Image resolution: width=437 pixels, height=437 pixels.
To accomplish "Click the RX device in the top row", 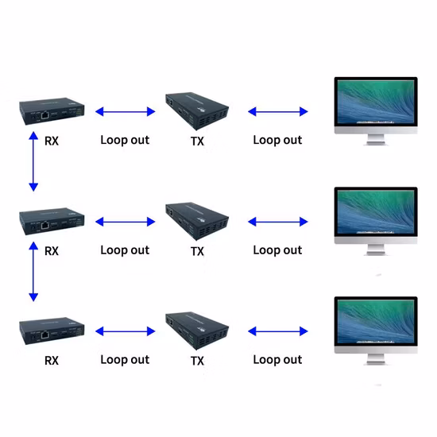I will (52, 113).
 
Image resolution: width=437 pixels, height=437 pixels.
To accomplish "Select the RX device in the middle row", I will (52, 223).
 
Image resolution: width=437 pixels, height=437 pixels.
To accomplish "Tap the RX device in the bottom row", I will (52, 331).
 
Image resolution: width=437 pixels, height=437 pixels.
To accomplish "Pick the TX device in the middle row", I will (197, 221).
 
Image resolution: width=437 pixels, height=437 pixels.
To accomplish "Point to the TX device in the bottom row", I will (197, 331).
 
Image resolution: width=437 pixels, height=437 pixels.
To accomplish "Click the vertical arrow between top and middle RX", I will (33, 163).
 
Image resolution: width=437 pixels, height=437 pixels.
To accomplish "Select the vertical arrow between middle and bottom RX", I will (33, 273).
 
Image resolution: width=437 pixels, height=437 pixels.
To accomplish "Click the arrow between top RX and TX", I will (125, 112).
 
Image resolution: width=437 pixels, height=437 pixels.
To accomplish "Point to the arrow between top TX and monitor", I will (277, 112).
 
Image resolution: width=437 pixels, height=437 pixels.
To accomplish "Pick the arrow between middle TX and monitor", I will (277, 222).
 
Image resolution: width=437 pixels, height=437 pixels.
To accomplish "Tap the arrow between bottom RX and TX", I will (125, 331).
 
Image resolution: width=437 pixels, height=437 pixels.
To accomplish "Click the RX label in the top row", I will (52, 141).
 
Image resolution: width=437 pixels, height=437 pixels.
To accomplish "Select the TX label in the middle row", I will (198, 251).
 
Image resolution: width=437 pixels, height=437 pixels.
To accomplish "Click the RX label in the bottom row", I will (52, 361).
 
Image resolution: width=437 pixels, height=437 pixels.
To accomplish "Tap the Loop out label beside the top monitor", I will (277, 140).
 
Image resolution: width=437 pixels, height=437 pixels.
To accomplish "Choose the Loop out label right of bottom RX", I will (125, 360).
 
